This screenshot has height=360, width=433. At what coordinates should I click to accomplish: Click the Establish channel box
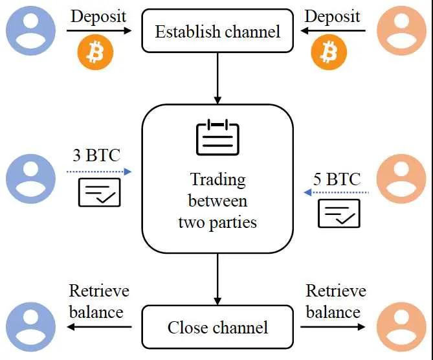[217, 30]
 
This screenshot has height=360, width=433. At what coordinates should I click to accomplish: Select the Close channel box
[217, 327]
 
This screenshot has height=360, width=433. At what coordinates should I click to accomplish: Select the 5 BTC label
[337, 178]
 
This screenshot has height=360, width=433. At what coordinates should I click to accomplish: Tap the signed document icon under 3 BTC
[99, 192]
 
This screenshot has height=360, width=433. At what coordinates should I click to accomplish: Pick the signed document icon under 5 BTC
[339, 213]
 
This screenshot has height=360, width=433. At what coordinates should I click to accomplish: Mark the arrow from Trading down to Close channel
[217, 279]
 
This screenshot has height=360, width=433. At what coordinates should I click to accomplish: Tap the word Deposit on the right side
[333, 16]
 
